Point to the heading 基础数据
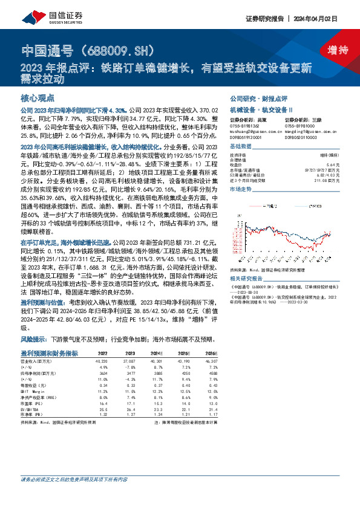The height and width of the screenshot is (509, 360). [240, 148]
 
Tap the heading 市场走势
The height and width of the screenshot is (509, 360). [240, 189]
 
